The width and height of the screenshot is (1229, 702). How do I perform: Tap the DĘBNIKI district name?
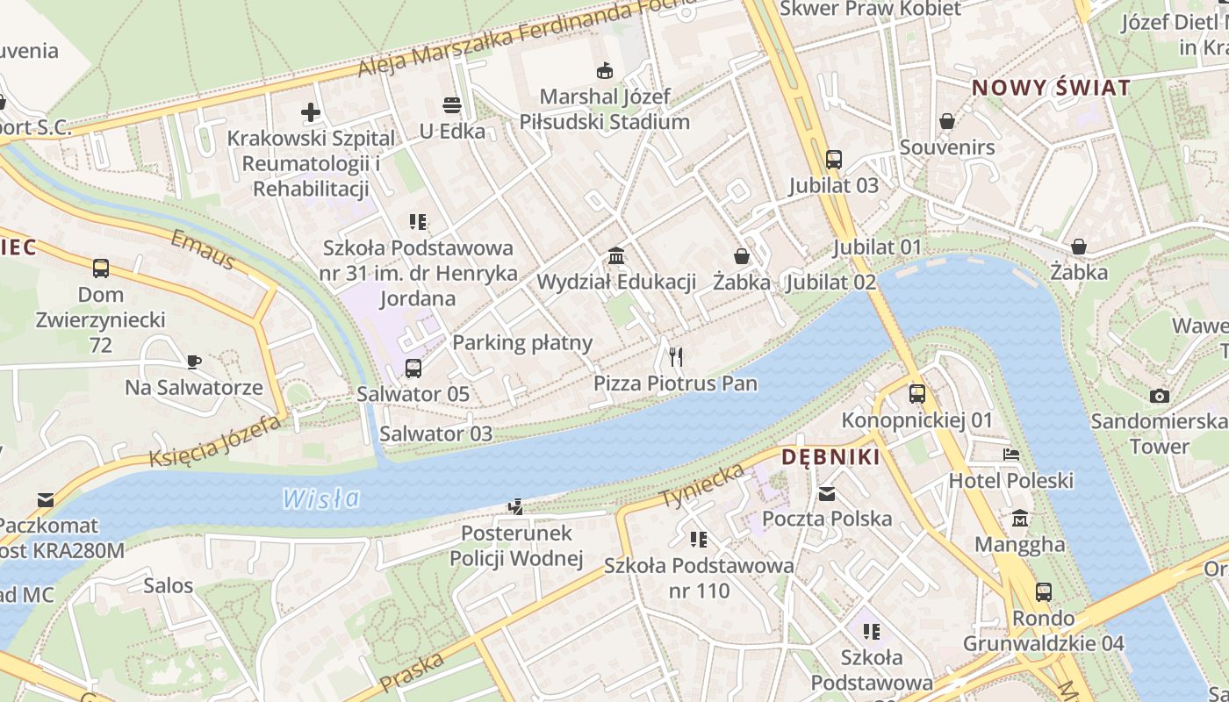click(830, 456)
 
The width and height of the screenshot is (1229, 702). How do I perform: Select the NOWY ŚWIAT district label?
click(1051, 88)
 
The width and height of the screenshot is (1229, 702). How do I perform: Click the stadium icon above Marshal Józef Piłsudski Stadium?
click(604, 70)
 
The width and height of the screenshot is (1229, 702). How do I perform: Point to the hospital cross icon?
click(310, 112)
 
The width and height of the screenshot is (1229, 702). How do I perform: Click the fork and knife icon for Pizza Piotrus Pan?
click(675, 356)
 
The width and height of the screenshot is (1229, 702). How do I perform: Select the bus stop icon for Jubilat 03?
click(833, 160)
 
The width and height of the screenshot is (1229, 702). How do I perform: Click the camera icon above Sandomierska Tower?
click(1159, 396)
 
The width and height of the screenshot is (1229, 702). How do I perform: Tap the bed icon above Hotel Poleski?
click(1011, 455)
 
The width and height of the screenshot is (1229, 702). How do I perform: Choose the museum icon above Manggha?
click(1020, 519)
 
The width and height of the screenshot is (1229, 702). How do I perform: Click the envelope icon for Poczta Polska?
click(826, 493)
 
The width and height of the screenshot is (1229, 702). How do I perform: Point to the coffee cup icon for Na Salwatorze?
click(193, 361)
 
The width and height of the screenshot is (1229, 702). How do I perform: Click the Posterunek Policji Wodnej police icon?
click(516, 506)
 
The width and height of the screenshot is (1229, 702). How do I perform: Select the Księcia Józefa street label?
click(214, 441)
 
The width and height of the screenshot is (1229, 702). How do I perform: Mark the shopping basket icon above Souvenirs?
click(946, 121)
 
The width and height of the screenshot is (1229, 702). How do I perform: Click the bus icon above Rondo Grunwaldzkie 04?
click(1043, 592)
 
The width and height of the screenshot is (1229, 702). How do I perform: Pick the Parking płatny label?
click(522, 342)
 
